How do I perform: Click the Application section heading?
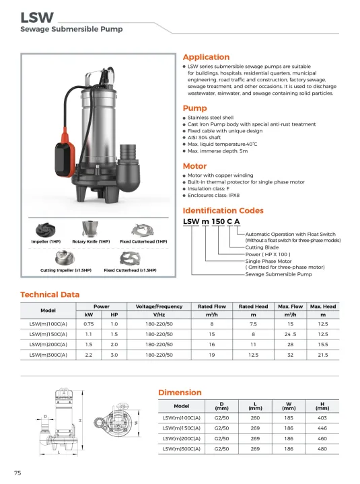tap(207, 57)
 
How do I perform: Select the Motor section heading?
tap(195, 166)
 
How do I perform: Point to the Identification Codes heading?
tap(223, 211)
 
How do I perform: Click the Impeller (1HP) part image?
tap(46, 229)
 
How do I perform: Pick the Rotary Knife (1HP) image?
tap(89, 229)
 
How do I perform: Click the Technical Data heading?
tap(50, 294)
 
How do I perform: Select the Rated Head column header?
tap(253, 307)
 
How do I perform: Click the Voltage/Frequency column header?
tap(159, 307)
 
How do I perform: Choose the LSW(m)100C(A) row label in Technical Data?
tap(48, 323)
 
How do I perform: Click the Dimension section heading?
tap(180, 393)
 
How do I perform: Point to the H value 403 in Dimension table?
tap(322, 418)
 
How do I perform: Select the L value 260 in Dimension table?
tap(255, 418)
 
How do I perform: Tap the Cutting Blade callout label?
tap(262, 247)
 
